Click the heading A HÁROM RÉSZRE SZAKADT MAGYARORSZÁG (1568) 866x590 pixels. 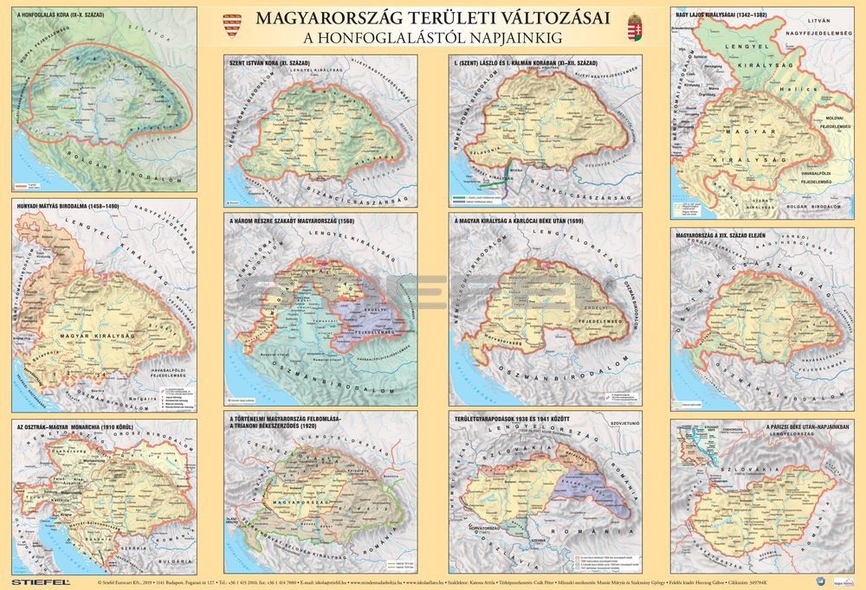(x=303, y=221)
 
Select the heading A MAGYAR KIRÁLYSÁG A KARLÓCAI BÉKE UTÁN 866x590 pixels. (x=527, y=221)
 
